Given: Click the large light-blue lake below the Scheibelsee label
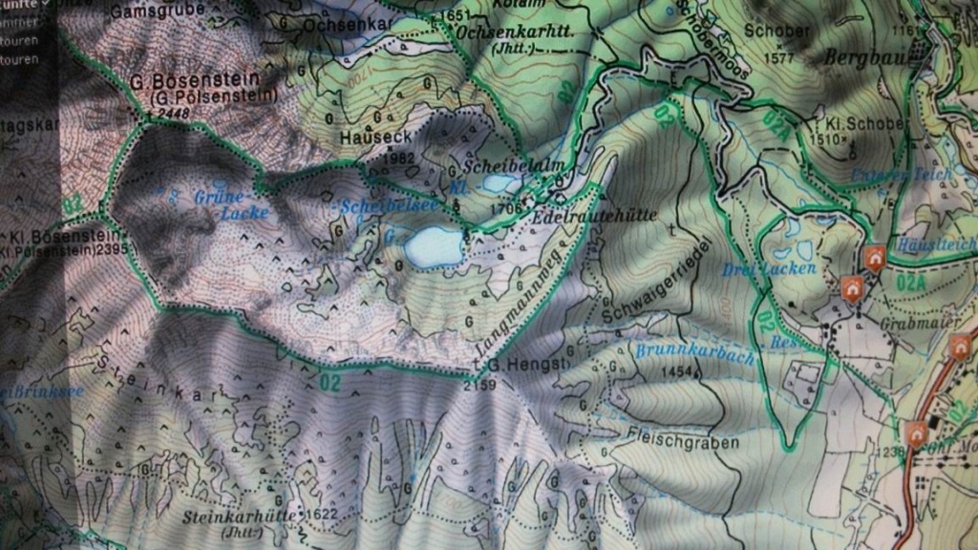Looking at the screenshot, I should (435, 245).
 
